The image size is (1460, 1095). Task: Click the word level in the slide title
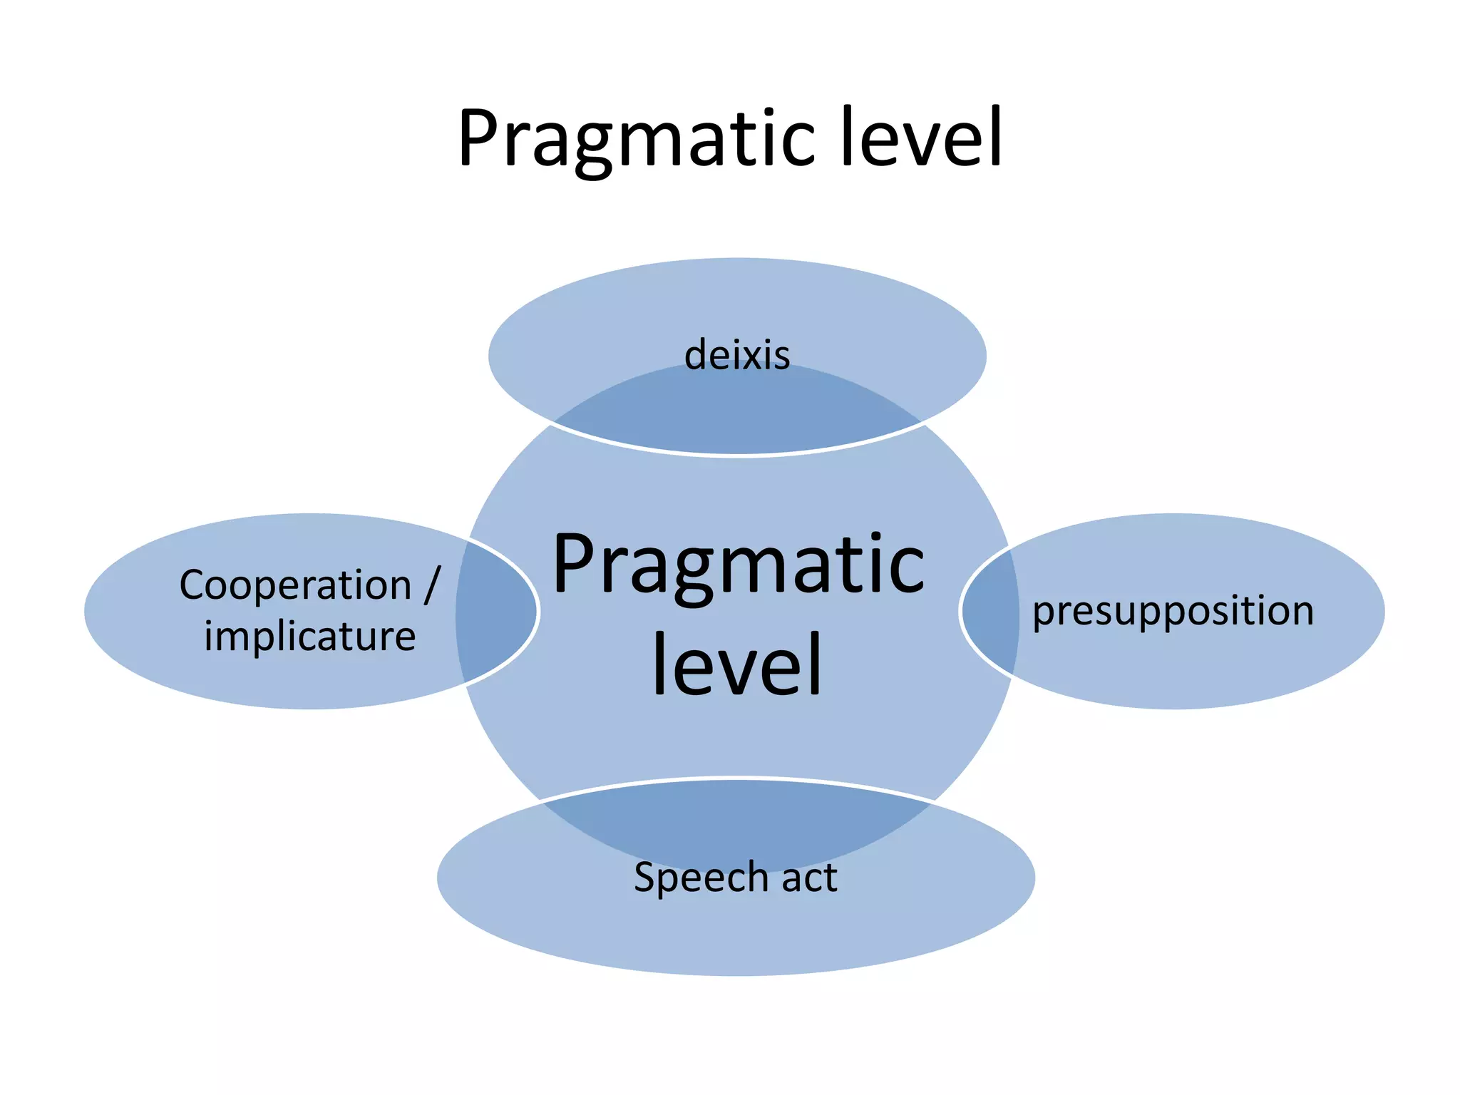pos(921,137)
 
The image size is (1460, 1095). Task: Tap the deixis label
pos(737,355)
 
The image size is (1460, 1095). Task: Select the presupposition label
pos(1173,611)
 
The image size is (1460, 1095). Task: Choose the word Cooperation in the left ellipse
pos(295,585)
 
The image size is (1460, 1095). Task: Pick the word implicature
pos(309,636)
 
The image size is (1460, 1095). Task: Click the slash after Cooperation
pos(432,585)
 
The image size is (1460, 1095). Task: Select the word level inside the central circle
pos(737,664)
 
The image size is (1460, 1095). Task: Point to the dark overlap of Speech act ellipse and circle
pos(737,820)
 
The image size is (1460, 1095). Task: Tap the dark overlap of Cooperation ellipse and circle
pos(495,611)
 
